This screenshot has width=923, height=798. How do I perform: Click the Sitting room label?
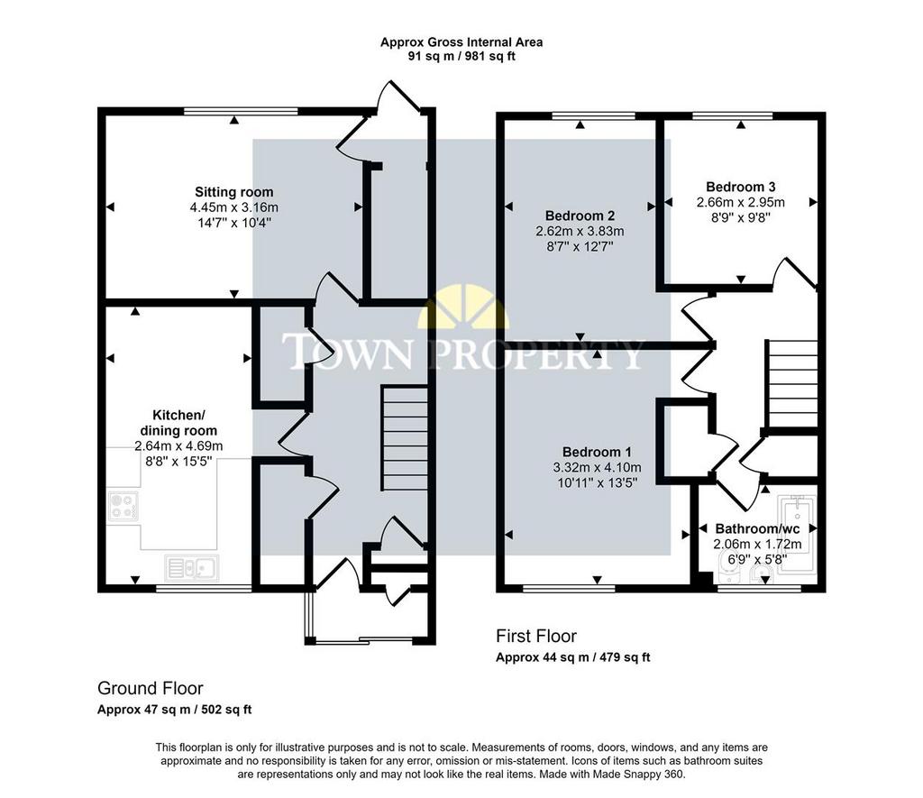[x=233, y=192]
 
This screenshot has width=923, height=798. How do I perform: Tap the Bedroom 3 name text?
[x=741, y=187]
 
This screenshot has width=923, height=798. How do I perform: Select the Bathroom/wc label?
[x=757, y=529]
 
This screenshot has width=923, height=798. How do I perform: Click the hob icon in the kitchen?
[x=123, y=507]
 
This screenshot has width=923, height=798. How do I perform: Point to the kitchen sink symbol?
[x=192, y=568]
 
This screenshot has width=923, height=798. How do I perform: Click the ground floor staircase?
[x=405, y=438]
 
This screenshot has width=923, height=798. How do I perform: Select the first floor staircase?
[x=791, y=383]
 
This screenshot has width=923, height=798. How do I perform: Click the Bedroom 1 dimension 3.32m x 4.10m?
[x=597, y=468]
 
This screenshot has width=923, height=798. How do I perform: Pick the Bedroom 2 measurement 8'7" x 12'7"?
[x=580, y=247]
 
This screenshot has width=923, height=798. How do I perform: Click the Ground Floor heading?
[x=151, y=688]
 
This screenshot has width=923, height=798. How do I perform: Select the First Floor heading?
[x=536, y=636]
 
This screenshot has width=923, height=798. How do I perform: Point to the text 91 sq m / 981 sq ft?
[x=461, y=57]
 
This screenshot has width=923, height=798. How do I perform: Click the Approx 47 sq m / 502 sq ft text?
[x=174, y=710]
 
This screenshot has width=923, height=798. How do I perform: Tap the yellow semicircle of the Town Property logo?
[x=463, y=307]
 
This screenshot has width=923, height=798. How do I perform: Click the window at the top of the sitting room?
[x=241, y=111]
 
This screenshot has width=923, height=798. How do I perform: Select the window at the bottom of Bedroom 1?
[x=569, y=588]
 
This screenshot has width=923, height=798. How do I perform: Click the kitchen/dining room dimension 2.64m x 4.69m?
[x=179, y=445]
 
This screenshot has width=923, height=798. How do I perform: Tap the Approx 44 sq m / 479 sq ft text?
[x=572, y=657]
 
